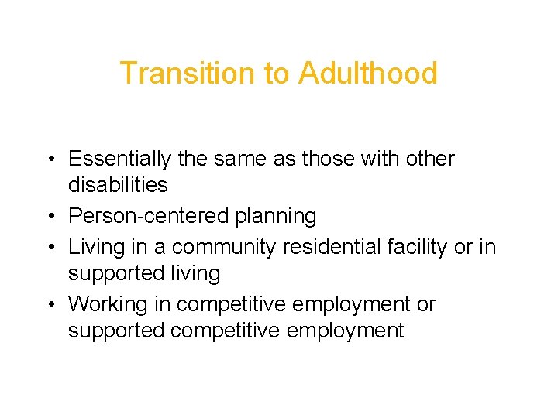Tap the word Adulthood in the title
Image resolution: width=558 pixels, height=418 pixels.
(368, 74)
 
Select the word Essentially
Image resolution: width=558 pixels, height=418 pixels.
(119, 159)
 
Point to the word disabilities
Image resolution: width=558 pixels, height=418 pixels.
(118, 185)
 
